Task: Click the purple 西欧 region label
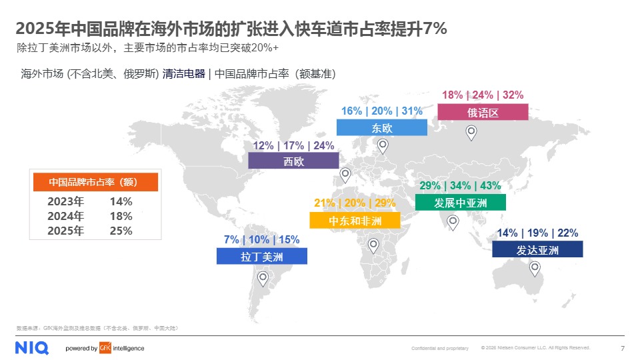point(293,161)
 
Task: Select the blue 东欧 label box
point(381,127)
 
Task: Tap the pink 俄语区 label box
point(483,112)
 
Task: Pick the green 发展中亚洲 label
point(460,202)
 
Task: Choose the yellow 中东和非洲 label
point(355,221)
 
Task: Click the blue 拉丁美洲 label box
point(261,256)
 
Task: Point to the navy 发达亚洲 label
point(537,249)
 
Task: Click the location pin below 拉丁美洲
point(263,278)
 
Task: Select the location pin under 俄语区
point(471,132)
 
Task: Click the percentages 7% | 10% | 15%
point(262,240)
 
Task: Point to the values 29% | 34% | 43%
point(460,185)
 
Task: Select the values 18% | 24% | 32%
point(483,95)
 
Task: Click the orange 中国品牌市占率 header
point(95,182)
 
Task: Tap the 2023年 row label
point(66,201)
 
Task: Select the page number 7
point(622,348)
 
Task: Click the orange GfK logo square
point(105,348)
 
